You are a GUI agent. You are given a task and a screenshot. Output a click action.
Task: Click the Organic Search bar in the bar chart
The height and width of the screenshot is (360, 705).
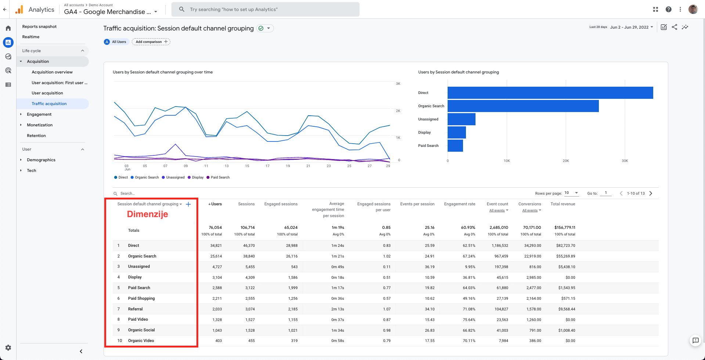pos(523,106)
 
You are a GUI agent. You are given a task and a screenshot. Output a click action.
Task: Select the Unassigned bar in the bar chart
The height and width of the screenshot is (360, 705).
pos(461,119)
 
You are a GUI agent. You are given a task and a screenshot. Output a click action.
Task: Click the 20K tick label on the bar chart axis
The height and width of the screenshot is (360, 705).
pos(566,161)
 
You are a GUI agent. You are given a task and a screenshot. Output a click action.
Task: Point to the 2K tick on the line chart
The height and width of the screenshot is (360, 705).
pos(398,111)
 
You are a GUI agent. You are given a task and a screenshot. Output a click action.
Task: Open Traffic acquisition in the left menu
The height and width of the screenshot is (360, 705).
pos(49,104)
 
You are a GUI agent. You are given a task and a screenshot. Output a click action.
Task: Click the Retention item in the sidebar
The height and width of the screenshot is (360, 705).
pos(36,136)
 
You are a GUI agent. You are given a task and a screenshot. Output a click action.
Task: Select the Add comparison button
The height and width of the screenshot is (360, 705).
pos(151,42)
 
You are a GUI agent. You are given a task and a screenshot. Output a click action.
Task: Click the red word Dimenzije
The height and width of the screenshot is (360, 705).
pos(148,214)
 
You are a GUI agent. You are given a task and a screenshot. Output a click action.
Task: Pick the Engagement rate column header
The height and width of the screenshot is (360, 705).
pos(460,204)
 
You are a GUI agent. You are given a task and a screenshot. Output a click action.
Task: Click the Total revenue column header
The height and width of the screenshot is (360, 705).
pos(563,204)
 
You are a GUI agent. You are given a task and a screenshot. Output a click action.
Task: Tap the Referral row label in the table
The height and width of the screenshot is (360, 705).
pos(135,309)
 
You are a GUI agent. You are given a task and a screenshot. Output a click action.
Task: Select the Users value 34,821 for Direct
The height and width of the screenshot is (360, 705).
pos(216,245)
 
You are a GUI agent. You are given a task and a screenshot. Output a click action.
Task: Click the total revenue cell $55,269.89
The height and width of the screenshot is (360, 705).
pos(566,256)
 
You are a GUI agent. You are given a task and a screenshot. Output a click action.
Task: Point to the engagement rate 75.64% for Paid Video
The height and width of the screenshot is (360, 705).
pos(469,320)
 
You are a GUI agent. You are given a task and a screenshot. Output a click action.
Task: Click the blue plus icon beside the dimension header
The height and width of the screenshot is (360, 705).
pos(188,204)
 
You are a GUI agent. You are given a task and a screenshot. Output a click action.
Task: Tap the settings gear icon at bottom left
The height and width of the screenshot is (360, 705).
pos(8,348)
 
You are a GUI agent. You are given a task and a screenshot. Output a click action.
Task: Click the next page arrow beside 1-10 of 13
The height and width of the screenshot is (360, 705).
pos(651,193)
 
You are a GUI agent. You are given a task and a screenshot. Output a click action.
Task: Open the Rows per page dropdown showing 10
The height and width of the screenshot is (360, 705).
pos(571,193)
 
